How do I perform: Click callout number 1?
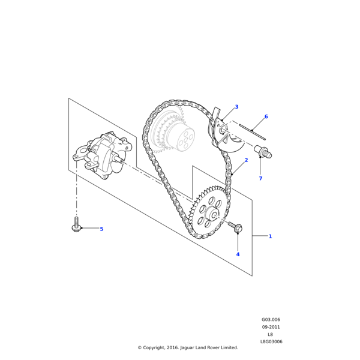point(270,236)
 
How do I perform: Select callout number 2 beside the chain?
point(246,161)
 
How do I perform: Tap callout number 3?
point(236,107)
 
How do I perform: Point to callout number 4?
point(238,254)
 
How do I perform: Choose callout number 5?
point(101,229)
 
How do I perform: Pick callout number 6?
point(266,116)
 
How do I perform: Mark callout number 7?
point(260,179)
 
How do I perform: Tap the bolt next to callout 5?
point(76,226)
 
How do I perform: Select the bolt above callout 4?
point(235,226)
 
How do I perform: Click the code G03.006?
point(271,320)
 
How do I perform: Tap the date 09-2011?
point(271,327)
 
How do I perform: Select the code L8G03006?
point(271,341)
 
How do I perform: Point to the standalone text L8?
point(271,334)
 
